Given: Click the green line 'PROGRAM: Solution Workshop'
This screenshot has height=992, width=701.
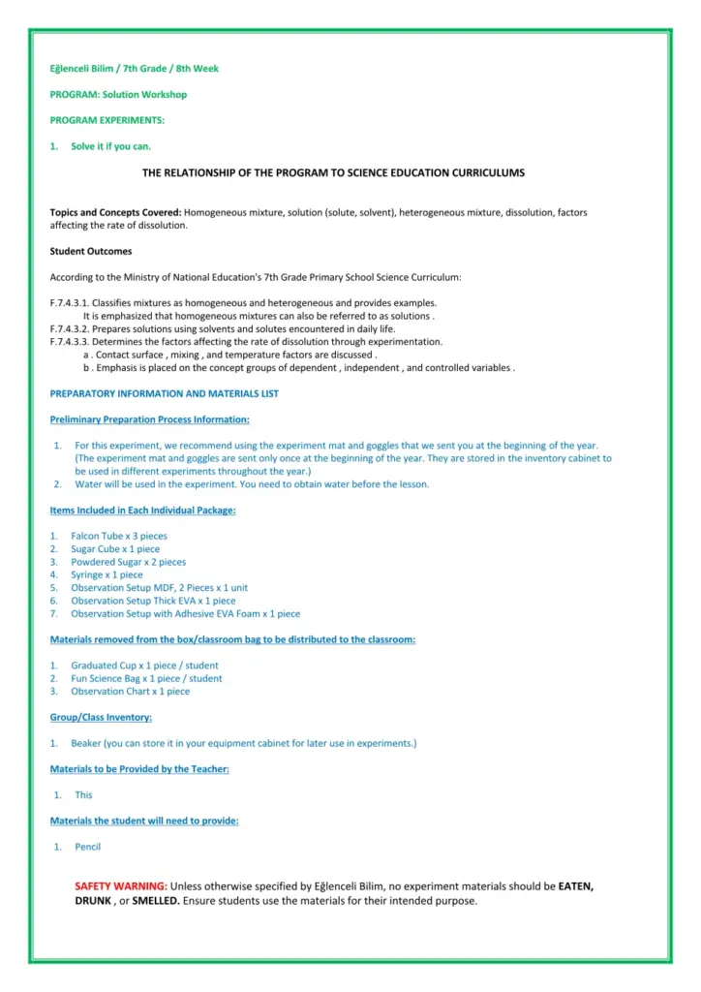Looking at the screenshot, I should [x=118, y=95].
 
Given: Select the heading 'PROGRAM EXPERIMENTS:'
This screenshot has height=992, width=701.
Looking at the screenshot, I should [x=107, y=120].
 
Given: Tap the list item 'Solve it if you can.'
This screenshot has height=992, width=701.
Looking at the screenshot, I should [x=111, y=146].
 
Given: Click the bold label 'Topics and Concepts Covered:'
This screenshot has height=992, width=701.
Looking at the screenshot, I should [x=115, y=212].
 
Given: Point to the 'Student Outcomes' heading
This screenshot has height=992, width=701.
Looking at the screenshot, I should [x=91, y=251].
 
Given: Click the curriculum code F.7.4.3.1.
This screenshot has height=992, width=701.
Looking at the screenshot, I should [x=70, y=303].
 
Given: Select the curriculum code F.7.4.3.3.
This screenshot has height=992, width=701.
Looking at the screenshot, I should [x=70, y=342].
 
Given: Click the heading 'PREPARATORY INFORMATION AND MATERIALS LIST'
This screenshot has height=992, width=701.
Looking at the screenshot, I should [x=164, y=393].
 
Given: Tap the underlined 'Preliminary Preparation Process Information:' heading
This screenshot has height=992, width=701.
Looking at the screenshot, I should [x=149, y=419].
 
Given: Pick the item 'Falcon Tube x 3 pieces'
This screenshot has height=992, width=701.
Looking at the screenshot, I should [x=119, y=536].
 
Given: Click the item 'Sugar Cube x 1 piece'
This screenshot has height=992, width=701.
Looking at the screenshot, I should [x=115, y=549].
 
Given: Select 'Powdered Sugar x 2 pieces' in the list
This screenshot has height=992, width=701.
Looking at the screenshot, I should [x=128, y=562].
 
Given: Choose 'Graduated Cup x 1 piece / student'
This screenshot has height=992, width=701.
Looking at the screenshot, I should [x=144, y=666].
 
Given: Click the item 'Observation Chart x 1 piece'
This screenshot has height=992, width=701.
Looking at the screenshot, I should [x=130, y=692].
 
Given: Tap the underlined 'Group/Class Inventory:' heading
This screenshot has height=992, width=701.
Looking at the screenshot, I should [x=101, y=718].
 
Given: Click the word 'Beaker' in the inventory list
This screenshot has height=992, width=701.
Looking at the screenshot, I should [x=85, y=744].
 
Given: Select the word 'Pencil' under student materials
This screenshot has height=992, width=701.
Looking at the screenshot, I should [x=88, y=847].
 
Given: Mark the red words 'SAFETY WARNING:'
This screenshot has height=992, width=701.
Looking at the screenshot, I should [x=121, y=886].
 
